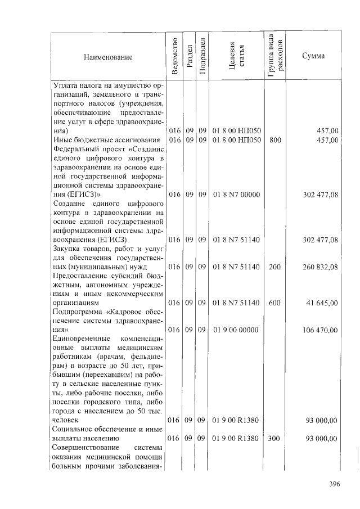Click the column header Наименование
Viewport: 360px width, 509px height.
click(x=108, y=57)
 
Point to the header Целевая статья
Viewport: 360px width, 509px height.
click(x=236, y=56)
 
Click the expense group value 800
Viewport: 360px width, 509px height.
click(x=275, y=139)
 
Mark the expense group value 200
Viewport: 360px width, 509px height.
click(x=275, y=267)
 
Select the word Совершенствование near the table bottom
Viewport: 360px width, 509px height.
click(x=84, y=447)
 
